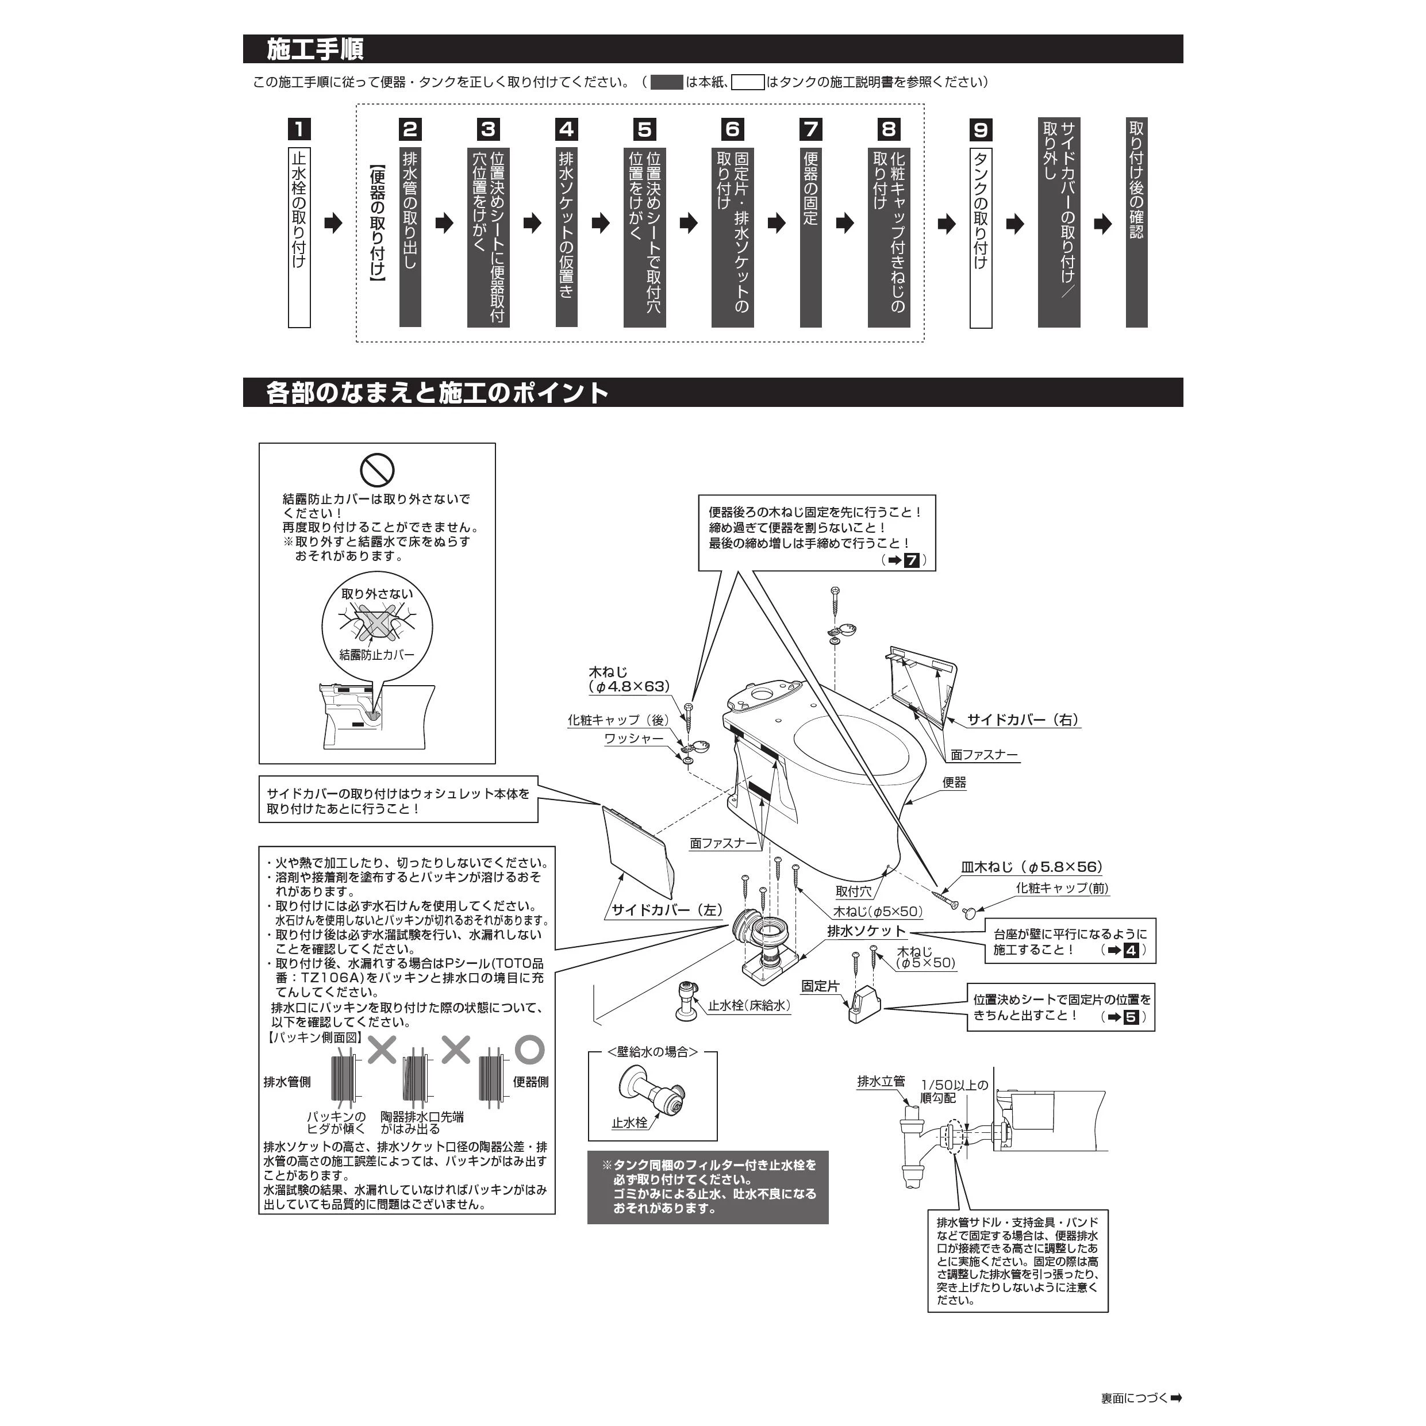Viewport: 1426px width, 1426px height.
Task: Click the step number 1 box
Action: point(299,129)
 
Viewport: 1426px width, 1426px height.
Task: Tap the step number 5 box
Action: point(644,129)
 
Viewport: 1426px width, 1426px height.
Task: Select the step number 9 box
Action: point(980,130)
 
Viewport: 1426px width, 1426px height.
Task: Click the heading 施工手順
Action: point(315,49)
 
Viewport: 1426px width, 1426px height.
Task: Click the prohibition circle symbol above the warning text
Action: point(377,470)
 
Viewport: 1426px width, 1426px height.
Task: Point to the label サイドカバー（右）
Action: point(1023,720)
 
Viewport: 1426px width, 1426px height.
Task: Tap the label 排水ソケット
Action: point(866,932)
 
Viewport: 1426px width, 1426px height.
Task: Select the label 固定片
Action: point(820,986)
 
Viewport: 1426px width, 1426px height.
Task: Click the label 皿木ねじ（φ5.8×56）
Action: point(1031,867)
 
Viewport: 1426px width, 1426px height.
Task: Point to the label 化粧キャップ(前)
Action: point(1062,888)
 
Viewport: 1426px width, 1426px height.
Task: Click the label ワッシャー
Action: point(633,739)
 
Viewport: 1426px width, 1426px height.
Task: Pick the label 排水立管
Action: point(881,1081)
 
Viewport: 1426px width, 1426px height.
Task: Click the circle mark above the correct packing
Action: point(529,1049)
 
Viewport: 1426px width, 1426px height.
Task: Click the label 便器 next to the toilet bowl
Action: point(954,782)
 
